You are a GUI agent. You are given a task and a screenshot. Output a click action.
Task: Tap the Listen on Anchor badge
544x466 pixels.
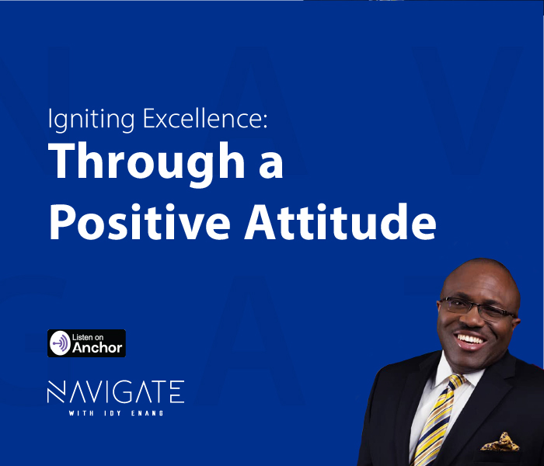tap(86, 343)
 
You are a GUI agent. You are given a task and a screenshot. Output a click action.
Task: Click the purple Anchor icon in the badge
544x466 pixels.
tap(60, 343)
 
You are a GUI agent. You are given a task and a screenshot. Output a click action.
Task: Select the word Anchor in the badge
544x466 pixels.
tap(97, 348)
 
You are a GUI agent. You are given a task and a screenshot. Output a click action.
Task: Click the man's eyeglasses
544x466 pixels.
tap(475, 309)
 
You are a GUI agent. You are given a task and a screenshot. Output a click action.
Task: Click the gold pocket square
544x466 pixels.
tap(498, 443)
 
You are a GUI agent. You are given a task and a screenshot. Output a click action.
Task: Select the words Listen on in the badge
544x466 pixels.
tap(87, 337)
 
